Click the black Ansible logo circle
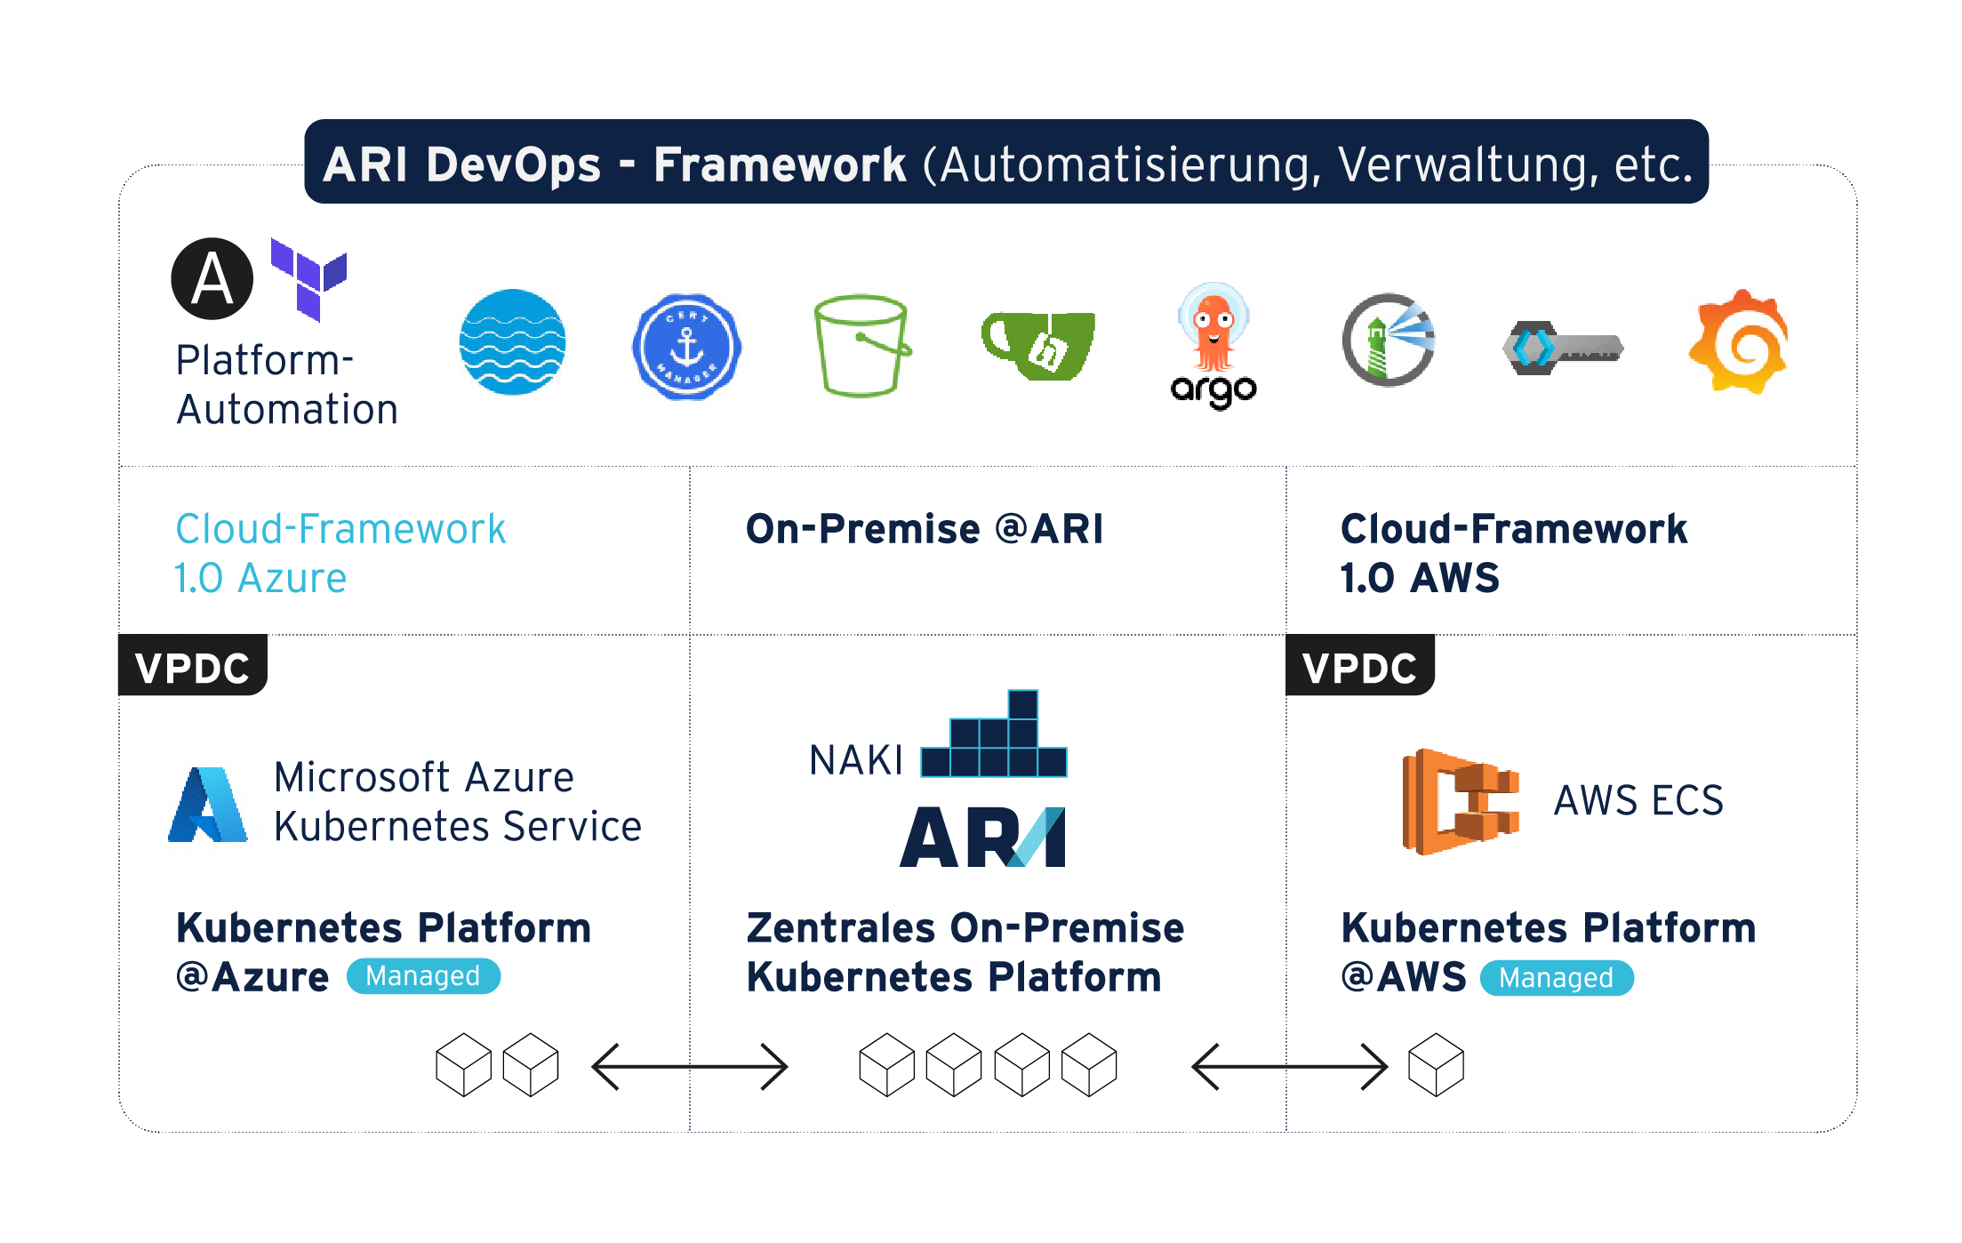click(x=212, y=278)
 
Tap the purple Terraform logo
click(x=308, y=277)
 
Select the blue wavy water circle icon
click(x=512, y=342)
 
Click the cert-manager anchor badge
click(x=686, y=346)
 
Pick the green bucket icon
click(x=861, y=346)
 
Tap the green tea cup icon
click(x=1038, y=345)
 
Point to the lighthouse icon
click(x=1388, y=341)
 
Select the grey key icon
click(x=1563, y=348)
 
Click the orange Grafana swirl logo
click(x=1739, y=341)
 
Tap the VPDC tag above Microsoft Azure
click(x=193, y=667)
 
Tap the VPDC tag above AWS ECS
click(x=1359, y=667)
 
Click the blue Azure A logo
click(x=208, y=804)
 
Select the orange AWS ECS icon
click(x=1460, y=801)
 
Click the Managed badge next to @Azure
click(x=423, y=976)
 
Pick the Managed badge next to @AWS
click(x=1556, y=978)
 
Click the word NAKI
click(x=855, y=761)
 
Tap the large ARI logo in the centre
click(x=982, y=837)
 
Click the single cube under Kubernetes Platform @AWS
click(x=1436, y=1064)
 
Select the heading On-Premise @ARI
click(x=925, y=529)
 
